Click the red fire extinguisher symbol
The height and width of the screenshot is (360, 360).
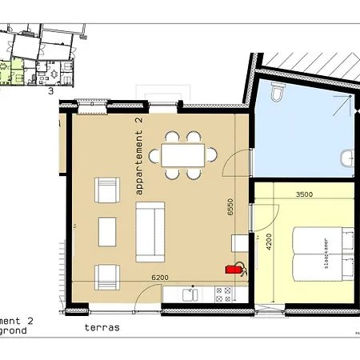(234, 269)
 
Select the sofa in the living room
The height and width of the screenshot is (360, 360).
(150, 232)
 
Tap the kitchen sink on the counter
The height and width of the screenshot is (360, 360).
(189, 295)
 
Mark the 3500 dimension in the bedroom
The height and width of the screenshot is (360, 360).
(305, 194)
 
